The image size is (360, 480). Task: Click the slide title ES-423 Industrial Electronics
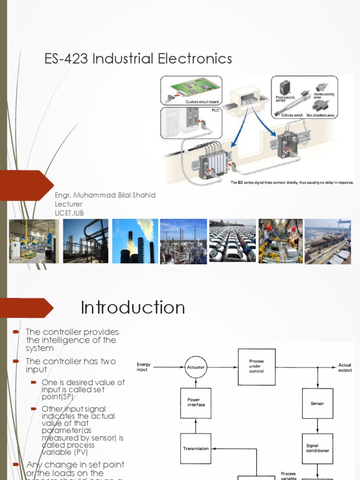click(x=138, y=59)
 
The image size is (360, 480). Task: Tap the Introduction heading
click(x=133, y=308)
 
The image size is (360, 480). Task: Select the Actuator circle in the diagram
click(x=195, y=367)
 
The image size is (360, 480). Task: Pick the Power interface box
click(x=196, y=403)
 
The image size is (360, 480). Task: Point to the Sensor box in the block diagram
click(x=317, y=403)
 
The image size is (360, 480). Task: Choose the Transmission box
click(x=196, y=449)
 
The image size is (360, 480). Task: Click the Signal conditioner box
click(x=317, y=448)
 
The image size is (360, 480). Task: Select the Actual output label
click(x=345, y=367)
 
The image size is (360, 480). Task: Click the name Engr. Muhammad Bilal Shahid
click(x=105, y=195)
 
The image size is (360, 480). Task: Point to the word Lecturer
click(x=68, y=204)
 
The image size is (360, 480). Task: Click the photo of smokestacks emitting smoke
click(x=135, y=241)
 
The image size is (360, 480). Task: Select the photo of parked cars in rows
click(x=232, y=241)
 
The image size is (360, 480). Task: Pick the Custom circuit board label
click(x=202, y=101)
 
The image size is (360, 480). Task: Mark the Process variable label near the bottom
click(x=288, y=476)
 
